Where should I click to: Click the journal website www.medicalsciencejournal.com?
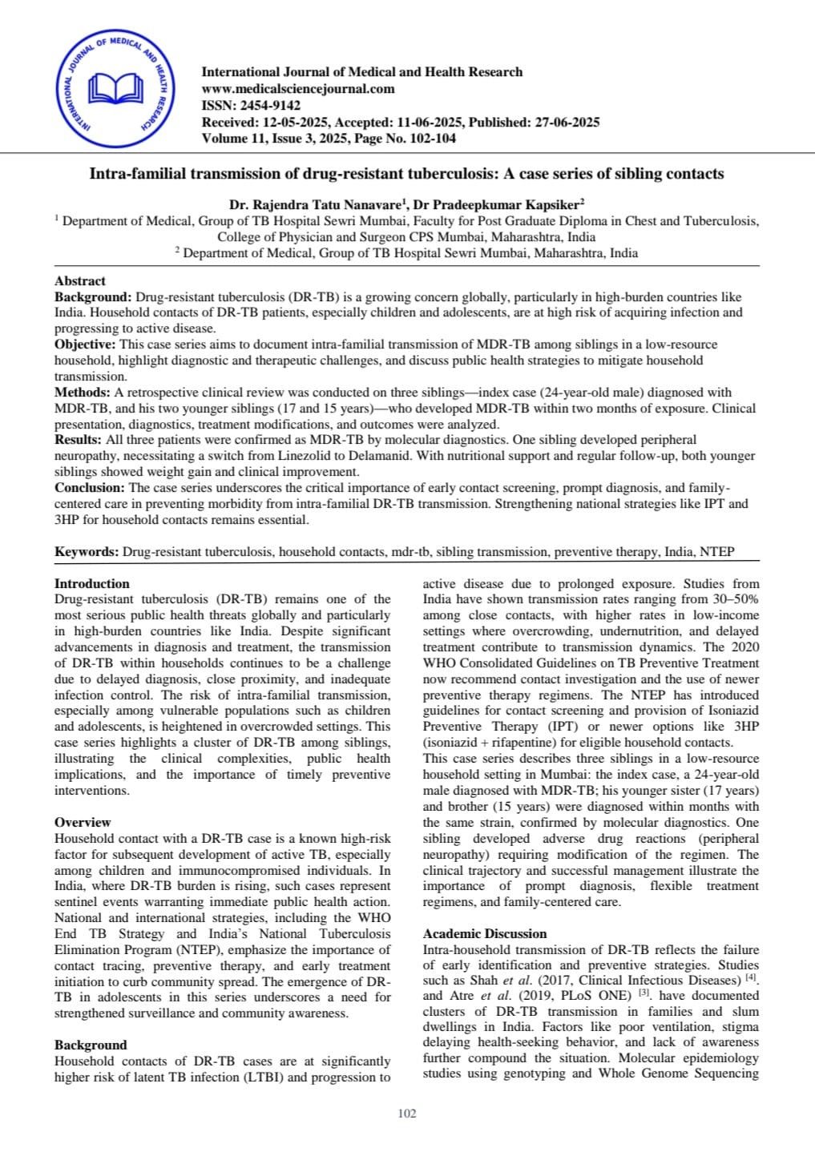pos(298,89)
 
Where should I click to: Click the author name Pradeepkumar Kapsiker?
pos(504,204)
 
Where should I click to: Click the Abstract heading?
pos(79,280)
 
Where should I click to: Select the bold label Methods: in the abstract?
pos(83,393)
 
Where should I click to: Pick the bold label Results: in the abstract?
pos(78,440)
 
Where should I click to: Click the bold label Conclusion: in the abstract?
pos(90,488)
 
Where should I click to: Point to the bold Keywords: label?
pos(87,552)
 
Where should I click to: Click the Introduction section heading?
pos(91,584)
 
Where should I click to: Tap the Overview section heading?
pos(83,822)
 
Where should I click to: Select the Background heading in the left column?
pos(91,1045)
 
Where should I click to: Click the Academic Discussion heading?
pos(485,933)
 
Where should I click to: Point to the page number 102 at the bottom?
pos(407,1114)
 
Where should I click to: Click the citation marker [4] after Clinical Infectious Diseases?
pos(751,979)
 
